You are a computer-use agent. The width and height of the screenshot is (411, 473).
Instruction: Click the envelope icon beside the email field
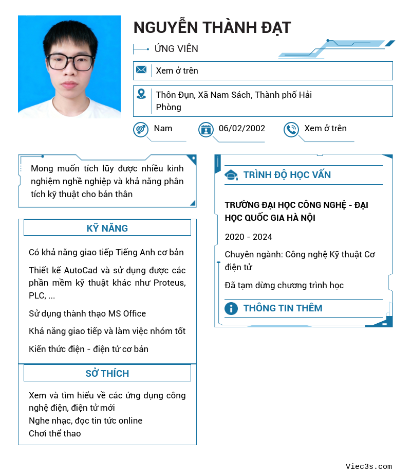tap(141, 70)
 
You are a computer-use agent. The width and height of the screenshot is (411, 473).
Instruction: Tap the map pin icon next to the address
tap(141, 94)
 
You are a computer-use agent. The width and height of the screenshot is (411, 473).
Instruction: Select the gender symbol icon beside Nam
tap(141, 129)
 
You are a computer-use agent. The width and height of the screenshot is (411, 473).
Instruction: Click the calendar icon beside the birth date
tap(206, 129)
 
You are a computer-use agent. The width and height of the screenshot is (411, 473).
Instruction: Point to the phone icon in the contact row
tap(291, 129)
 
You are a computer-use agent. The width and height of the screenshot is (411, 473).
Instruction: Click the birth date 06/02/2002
tap(242, 128)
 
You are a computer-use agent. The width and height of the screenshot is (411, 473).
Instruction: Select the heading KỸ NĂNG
tap(107, 228)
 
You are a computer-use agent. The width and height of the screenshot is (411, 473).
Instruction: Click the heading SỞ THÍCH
tap(107, 373)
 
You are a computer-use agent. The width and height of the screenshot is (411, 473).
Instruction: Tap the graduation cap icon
tap(231, 175)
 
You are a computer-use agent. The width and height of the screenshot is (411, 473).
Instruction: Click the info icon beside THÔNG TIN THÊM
tap(231, 308)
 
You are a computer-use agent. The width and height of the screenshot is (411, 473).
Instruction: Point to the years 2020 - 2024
tap(249, 237)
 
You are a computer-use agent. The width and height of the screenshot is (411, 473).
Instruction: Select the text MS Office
tap(127, 313)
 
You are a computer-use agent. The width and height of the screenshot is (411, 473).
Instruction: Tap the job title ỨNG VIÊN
tap(176, 49)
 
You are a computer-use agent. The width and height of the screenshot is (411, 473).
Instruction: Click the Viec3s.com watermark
tap(369, 466)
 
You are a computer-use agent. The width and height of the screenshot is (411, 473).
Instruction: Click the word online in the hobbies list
tap(130, 421)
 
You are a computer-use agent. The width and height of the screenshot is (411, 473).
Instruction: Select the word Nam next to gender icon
tap(163, 128)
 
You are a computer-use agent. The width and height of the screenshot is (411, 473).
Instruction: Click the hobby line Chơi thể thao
tap(55, 433)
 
